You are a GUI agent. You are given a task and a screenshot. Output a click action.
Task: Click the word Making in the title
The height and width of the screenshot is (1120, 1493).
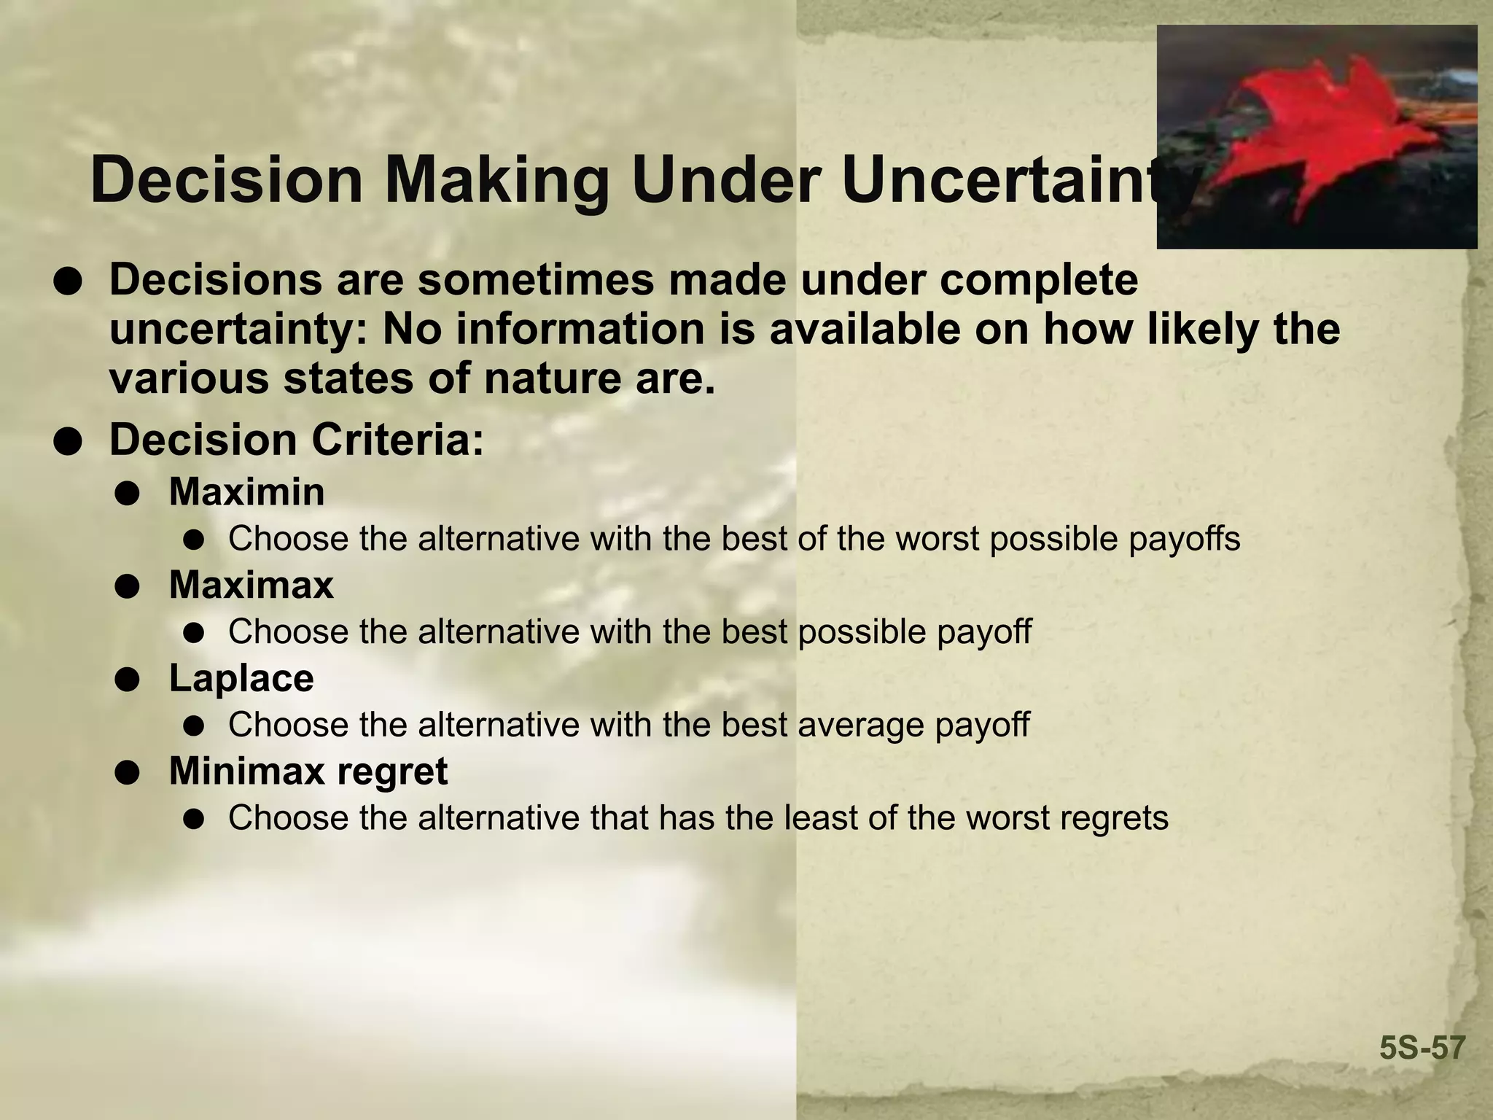pyautogui.click(x=497, y=182)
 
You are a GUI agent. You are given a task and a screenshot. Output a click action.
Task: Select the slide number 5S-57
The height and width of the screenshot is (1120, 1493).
pyautogui.click(x=1422, y=1049)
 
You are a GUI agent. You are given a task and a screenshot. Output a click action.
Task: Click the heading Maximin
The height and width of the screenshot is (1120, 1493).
pyautogui.click(x=246, y=492)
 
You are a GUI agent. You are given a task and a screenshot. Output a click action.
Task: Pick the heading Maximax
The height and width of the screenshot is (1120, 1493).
pyautogui.click(x=251, y=585)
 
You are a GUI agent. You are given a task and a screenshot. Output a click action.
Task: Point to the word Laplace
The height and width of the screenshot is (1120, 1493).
pyautogui.click(x=241, y=678)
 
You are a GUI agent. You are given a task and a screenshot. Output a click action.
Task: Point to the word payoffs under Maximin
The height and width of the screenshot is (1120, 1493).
pyautogui.click(x=1185, y=540)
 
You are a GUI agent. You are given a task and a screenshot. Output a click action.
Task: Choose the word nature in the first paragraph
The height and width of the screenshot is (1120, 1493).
pyautogui.click(x=552, y=379)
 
